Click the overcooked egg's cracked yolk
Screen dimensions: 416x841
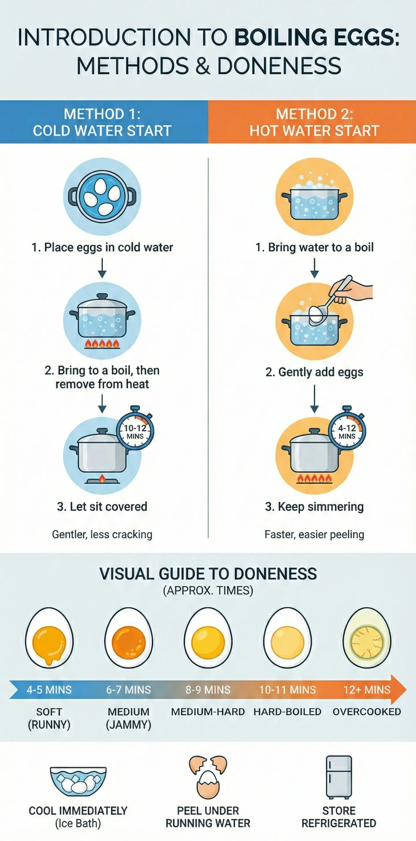pyautogui.click(x=367, y=642)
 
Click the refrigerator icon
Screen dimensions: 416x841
pyautogui.click(x=339, y=777)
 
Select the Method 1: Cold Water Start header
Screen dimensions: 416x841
pyautogui.click(x=102, y=122)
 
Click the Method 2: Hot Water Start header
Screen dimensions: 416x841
pyautogui.click(x=314, y=122)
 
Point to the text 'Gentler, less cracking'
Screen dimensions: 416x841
pyautogui.click(x=102, y=535)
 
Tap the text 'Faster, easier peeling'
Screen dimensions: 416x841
pyautogui.click(x=314, y=535)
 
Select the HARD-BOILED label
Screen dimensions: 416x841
pyautogui.click(x=287, y=712)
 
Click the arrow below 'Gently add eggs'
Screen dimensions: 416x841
pyautogui.click(x=314, y=399)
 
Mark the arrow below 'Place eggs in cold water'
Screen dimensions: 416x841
pyautogui.click(x=102, y=268)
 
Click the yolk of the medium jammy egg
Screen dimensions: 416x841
pyautogui.click(x=129, y=642)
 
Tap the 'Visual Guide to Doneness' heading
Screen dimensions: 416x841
pyautogui.click(x=208, y=574)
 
